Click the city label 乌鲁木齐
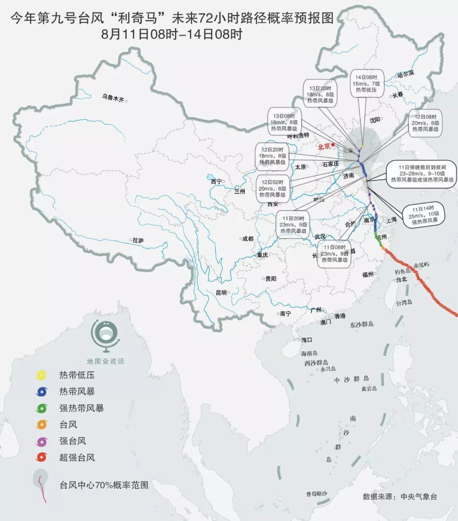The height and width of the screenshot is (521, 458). click(x=113, y=99)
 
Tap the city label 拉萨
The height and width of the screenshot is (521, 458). click(x=138, y=241)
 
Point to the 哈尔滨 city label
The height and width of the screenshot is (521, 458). click(x=405, y=74)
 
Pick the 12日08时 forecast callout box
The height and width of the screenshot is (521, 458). click(x=425, y=123)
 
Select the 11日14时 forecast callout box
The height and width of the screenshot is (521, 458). click(x=424, y=215)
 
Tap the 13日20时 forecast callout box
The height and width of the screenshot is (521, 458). click(x=320, y=94)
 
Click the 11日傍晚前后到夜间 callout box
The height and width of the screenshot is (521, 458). click(x=422, y=174)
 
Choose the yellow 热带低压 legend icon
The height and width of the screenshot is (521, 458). click(x=42, y=375)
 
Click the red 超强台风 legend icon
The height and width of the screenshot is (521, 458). click(x=42, y=457)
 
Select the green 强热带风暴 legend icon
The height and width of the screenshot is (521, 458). click(x=42, y=408)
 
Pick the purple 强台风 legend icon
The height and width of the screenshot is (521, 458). click(x=42, y=441)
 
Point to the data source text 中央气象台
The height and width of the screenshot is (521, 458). click(x=419, y=496)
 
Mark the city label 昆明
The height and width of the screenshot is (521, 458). click(x=221, y=293)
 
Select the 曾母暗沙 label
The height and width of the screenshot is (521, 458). click(x=316, y=494)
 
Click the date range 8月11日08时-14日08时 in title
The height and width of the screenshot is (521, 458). click(x=172, y=34)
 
